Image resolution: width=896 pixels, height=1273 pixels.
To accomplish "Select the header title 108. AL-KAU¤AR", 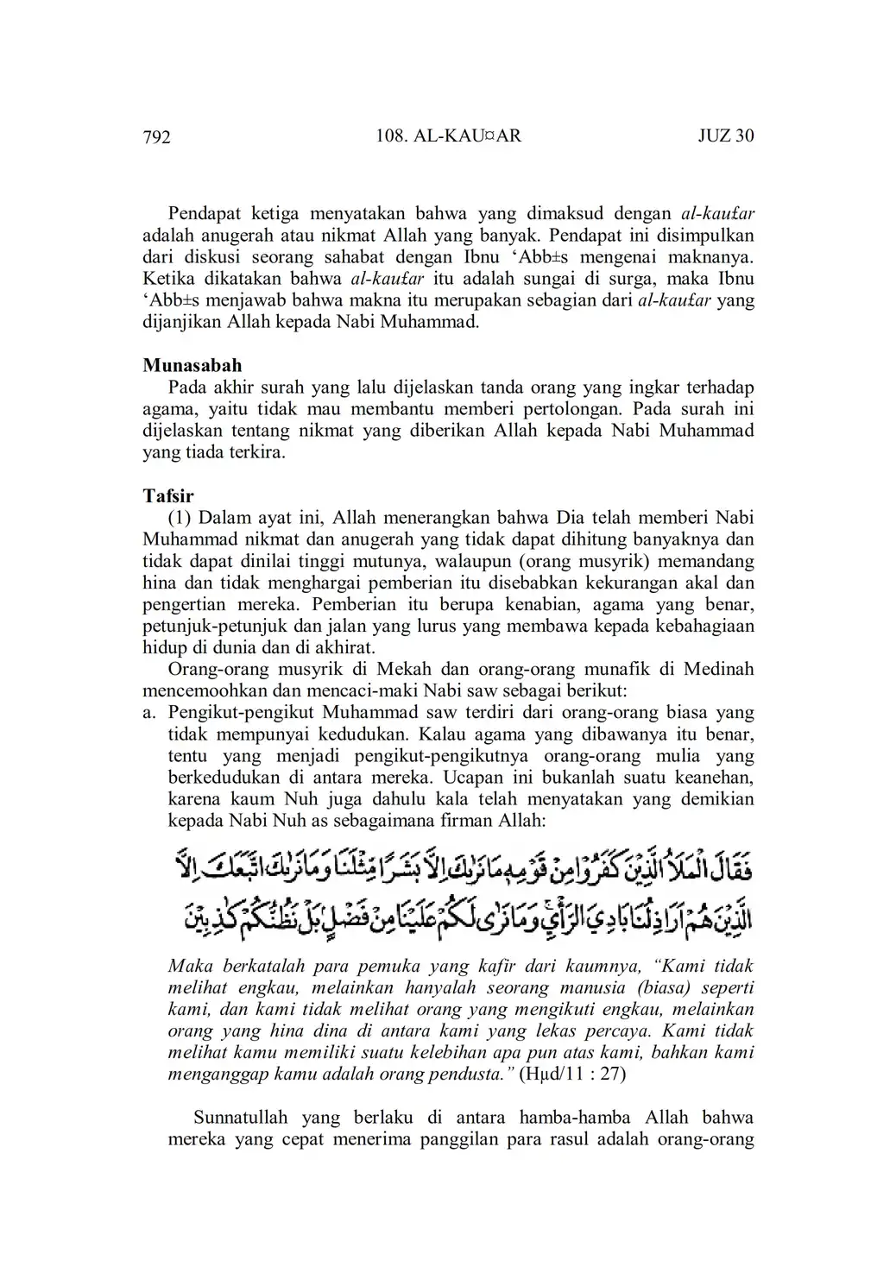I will point(449,135).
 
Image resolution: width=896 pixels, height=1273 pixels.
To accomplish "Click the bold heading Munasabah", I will point(192,365).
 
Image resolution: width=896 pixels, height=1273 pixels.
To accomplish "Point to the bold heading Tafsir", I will point(168,496).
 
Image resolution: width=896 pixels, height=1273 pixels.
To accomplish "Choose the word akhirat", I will point(344,647).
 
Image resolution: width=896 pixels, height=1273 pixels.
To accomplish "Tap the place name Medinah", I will point(720,669).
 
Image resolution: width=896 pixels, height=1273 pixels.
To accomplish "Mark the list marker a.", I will point(148,713).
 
